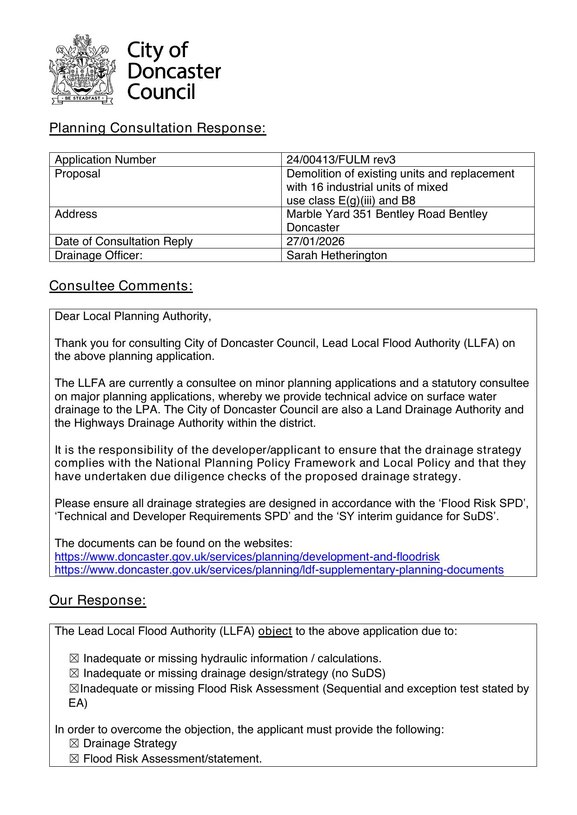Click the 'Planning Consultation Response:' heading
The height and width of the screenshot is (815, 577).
(x=158, y=128)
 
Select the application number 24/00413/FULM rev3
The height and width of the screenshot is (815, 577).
(x=341, y=160)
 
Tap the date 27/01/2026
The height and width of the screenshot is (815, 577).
(x=315, y=241)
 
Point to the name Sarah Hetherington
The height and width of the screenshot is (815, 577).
(x=337, y=255)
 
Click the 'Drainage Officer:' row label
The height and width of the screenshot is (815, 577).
(x=99, y=255)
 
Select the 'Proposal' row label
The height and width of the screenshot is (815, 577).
(x=78, y=174)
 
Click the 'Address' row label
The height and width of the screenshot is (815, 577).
(x=76, y=214)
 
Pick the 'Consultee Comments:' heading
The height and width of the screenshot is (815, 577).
(x=121, y=286)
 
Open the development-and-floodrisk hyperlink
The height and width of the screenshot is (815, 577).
(x=247, y=557)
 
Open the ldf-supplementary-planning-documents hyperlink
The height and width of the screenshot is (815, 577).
(x=279, y=570)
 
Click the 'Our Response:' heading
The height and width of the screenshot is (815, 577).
(x=98, y=600)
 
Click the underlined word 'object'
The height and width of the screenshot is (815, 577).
(x=275, y=632)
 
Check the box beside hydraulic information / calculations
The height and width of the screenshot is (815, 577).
(x=74, y=659)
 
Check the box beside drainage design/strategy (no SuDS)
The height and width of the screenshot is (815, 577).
(x=74, y=673)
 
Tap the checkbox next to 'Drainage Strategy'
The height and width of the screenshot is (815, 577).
(x=74, y=743)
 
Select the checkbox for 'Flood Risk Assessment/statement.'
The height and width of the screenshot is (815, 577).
(x=74, y=759)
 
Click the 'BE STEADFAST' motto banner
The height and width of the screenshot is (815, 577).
(x=82, y=98)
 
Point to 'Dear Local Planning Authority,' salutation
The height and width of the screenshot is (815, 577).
(x=133, y=316)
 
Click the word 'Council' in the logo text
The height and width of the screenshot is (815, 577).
(x=161, y=92)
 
